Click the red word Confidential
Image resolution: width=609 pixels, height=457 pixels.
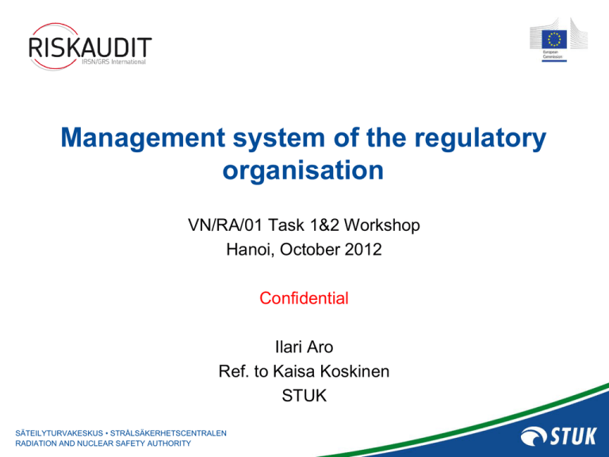click(x=304, y=299)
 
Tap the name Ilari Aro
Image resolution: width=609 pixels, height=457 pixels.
click(x=304, y=347)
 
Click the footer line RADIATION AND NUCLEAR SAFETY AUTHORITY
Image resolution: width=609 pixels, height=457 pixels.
click(x=103, y=443)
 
